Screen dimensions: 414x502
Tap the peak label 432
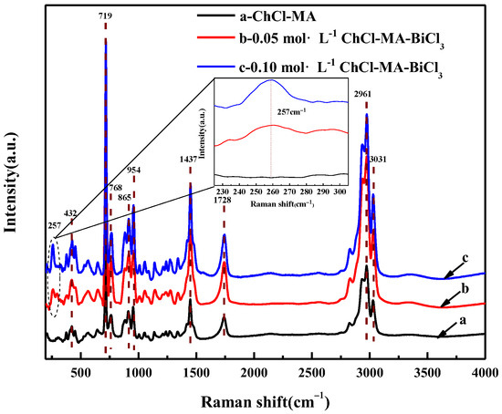tap(70, 212)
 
